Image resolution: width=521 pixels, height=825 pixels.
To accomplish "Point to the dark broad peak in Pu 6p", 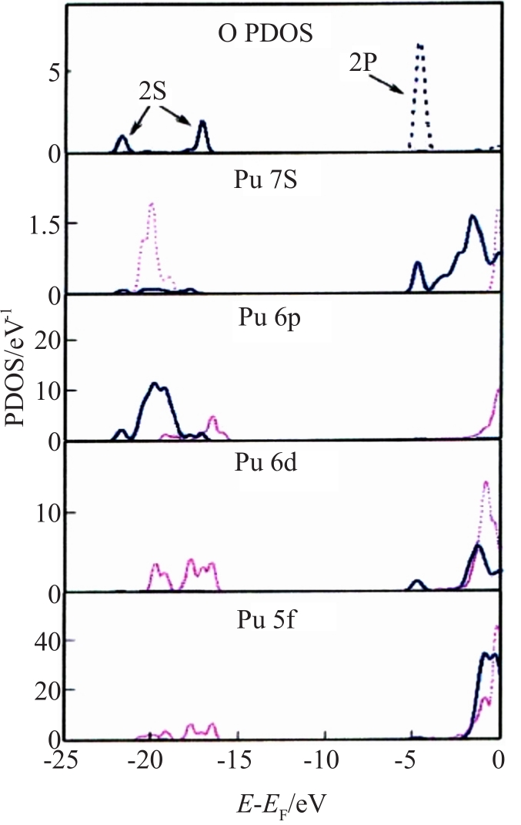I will [x=157, y=393].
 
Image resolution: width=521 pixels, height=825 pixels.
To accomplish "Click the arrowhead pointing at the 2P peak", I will [x=402, y=92].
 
